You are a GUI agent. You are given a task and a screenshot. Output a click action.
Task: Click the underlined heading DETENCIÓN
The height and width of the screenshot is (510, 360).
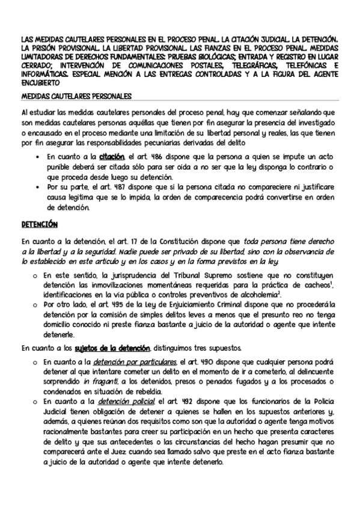pos(38,224)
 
